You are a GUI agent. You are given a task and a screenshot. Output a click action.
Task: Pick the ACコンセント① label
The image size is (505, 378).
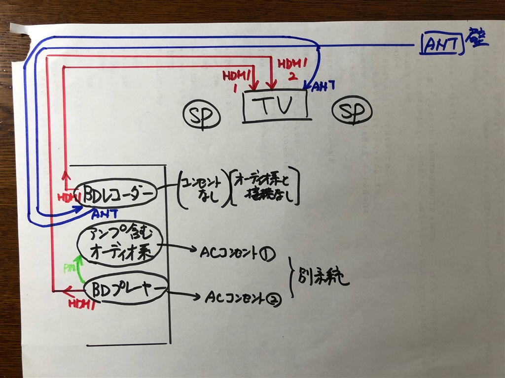(x=236, y=253)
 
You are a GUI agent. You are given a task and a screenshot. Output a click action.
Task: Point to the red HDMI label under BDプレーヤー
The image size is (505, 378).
(x=81, y=304)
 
